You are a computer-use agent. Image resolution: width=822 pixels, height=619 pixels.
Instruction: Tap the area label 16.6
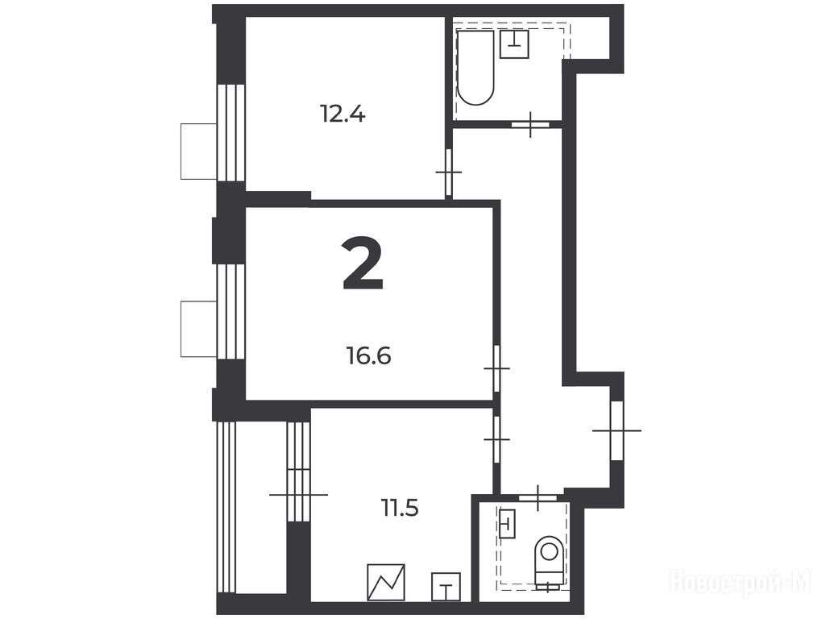coord(369,356)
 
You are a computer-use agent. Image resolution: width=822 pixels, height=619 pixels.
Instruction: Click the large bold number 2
coord(363,263)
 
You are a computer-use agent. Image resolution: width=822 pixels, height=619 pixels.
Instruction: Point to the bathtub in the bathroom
coord(475,69)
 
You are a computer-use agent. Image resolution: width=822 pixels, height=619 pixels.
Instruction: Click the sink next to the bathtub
coord(514,44)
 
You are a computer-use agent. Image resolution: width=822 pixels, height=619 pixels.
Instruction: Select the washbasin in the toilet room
coord(508,522)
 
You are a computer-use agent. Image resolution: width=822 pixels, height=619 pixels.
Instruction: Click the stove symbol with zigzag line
coord(386,582)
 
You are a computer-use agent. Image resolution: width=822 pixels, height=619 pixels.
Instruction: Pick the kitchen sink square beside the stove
coord(446,587)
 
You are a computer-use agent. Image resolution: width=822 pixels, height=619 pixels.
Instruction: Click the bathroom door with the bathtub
coord(530,125)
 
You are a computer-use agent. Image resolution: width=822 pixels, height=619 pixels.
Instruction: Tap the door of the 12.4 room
coord(449,172)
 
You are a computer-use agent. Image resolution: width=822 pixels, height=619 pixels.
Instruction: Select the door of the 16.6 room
coord(497,368)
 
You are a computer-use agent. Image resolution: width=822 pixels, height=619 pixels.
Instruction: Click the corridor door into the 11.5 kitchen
coord(497,439)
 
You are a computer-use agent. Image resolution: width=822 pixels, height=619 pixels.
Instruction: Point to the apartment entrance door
coord(617,431)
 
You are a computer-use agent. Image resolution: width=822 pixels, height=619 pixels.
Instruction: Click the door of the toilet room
coord(538,497)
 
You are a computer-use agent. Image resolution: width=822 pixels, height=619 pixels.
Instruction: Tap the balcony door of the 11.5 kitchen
coord(299,494)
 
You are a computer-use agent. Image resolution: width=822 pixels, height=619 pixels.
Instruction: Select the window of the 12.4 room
coord(231,133)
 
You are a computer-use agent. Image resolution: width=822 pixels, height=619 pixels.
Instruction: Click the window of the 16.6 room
coord(231,312)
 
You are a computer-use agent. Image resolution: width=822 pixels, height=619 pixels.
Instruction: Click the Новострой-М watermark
coord(741,581)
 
